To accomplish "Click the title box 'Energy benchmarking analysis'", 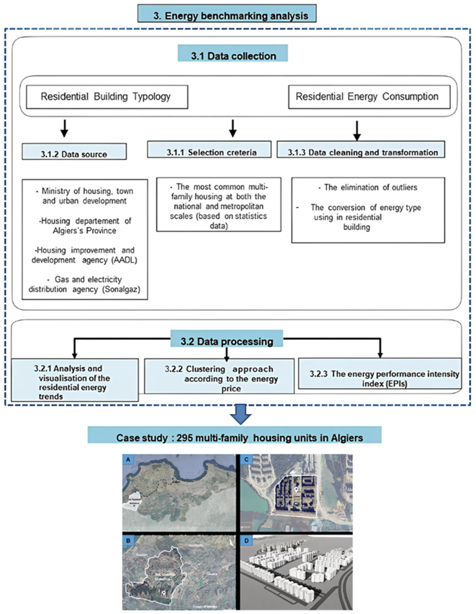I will click(x=227, y=13).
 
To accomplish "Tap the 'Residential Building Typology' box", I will click(x=107, y=97).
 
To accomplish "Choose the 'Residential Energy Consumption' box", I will click(x=369, y=97).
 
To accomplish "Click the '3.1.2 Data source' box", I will click(x=74, y=152).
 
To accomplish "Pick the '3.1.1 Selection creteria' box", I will click(x=209, y=150).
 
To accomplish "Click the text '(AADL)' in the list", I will click(x=125, y=260).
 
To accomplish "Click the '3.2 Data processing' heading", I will click(x=227, y=341).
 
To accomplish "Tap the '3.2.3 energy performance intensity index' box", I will click(x=380, y=374).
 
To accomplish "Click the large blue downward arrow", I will click(x=240, y=414).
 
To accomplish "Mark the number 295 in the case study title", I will click(x=185, y=438).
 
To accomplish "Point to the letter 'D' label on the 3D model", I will click(x=247, y=541).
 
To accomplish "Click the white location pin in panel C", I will click(x=296, y=490).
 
